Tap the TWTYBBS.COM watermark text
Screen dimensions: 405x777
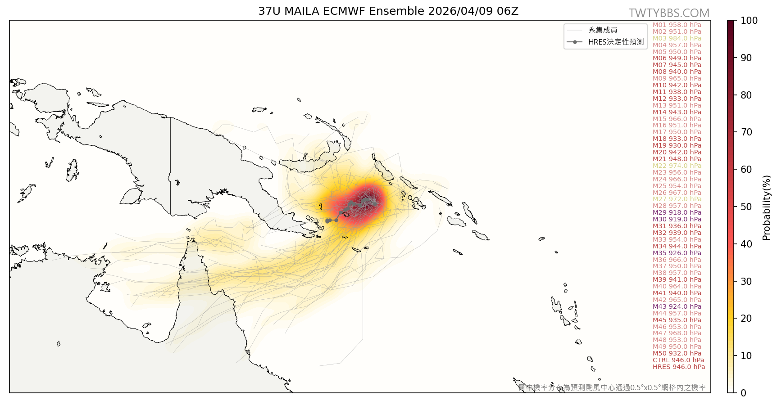pyautogui.click(x=669, y=13)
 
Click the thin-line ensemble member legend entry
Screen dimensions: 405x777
pyautogui.click(x=603, y=30)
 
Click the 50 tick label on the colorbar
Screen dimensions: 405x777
pyautogui.click(x=746, y=207)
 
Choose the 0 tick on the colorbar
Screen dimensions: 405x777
pyautogui.click(x=743, y=393)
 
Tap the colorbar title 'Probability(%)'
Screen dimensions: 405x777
pyautogui.click(x=767, y=207)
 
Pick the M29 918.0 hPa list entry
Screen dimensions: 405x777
pyautogui.click(x=677, y=212)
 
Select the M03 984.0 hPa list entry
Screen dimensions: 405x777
pyautogui.click(x=677, y=38)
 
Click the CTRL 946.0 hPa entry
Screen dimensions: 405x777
pyautogui.click(x=678, y=360)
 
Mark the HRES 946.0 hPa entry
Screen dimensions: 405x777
pyautogui.click(x=679, y=367)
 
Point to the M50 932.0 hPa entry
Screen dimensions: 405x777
pyautogui.click(x=677, y=353)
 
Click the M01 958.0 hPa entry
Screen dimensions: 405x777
pyautogui.click(x=677, y=25)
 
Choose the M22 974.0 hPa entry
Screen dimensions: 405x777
pyautogui.click(x=677, y=166)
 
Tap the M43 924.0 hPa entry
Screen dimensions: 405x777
pyautogui.click(x=677, y=306)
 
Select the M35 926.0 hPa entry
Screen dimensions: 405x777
pyautogui.click(x=677, y=253)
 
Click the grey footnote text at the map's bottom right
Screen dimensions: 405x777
pyautogui.click(x=612, y=387)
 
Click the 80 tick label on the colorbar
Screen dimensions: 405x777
pyautogui.click(x=746, y=95)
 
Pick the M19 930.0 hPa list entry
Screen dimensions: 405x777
pyautogui.click(x=677, y=145)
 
